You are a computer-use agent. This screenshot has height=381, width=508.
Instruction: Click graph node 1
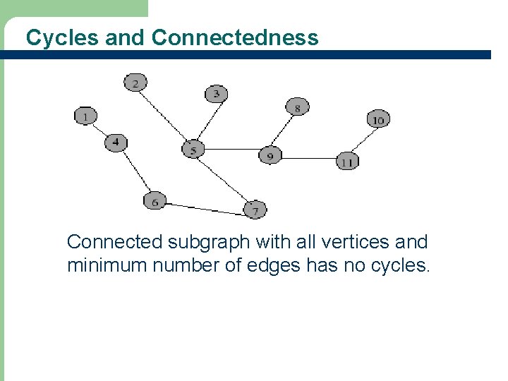pyautogui.click(x=85, y=116)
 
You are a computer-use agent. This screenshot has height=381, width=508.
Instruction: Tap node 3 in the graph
pyautogui.click(x=216, y=93)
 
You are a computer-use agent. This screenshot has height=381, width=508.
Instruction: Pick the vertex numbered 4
pyautogui.click(x=116, y=143)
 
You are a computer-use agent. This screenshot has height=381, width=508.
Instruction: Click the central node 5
pyautogui.click(x=193, y=150)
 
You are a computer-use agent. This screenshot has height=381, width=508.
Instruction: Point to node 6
pyautogui.click(x=155, y=201)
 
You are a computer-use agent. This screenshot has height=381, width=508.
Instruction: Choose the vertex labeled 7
pyautogui.click(x=255, y=210)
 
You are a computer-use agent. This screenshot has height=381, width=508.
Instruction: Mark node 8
pyautogui.click(x=297, y=107)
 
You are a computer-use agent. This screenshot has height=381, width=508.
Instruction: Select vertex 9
pyautogui.click(x=270, y=155)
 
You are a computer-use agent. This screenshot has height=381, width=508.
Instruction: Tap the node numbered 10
pyautogui.click(x=378, y=119)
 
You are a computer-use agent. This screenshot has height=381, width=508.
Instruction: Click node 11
pyautogui.click(x=346, y=162)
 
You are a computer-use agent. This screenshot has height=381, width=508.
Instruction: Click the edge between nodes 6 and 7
pyautogui.click(x=205, y=207)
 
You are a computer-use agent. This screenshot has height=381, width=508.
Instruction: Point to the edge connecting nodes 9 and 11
pyautogui.click(x=308, y=159)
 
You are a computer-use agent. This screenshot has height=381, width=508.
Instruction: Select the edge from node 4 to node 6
pyautogui.click(x=135, y=172)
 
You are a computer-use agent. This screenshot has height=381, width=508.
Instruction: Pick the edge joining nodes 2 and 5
pyautogui.click(x=164, y=116)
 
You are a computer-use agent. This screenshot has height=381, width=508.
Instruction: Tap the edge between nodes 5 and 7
pyautogui.click(x=224, y=180)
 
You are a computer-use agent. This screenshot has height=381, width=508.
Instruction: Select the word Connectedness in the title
pyautogui.click(x=234, y=37)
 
